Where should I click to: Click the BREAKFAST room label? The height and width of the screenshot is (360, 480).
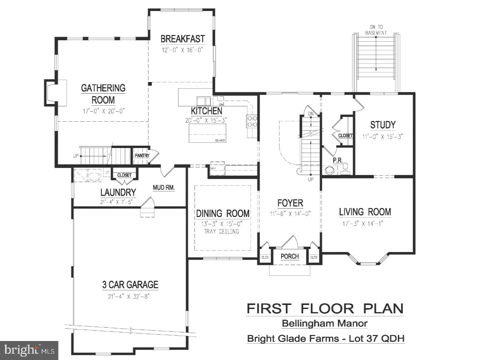(182, 39)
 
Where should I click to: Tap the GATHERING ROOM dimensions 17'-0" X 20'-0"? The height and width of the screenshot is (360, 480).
(103, 111)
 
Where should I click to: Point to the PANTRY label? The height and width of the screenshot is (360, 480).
(142, 156)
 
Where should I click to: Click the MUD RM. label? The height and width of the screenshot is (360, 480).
(164, 188)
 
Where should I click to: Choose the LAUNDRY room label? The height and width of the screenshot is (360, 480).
(118, 192)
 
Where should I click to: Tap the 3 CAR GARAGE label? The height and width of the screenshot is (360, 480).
(130, 285)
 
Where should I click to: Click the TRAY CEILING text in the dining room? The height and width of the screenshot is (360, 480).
(222, 231)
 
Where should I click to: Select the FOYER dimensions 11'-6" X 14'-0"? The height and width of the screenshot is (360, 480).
(290, 214)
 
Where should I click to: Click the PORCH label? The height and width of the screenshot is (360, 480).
(290, 256)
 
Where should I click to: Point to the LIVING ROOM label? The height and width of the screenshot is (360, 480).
(365, 212)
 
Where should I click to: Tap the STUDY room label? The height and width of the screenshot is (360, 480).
(383, 125)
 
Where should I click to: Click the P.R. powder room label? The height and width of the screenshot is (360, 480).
(338, 160)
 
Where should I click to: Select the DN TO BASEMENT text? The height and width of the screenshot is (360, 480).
(376, 30)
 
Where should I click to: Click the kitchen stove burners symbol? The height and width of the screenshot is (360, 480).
(252, 121)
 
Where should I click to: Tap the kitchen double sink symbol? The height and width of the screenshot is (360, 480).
(203, 101)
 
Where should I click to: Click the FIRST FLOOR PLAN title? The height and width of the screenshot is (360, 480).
(325, 308)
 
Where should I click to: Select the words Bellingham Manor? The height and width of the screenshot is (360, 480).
(325, 323)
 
